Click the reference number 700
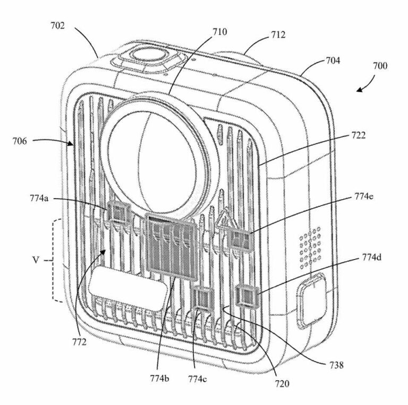click(380, 66)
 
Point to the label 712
click(278, 35)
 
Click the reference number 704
click(333, 61)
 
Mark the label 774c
click(198, 378)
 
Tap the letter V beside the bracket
click(33, 261)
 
